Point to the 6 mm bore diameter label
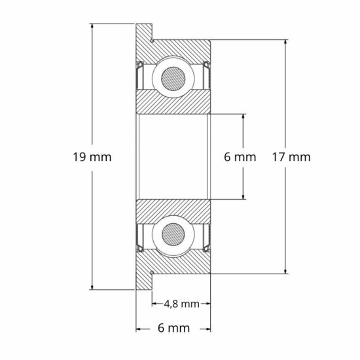click(240, 157)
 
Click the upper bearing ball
click(173, 76)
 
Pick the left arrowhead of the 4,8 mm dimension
click(154, 304)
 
